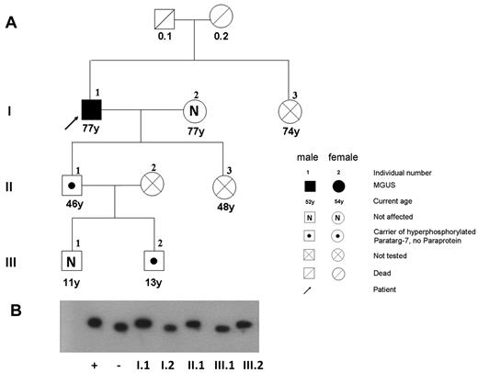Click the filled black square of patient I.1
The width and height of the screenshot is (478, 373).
pyautogui.click(x=91, y=109)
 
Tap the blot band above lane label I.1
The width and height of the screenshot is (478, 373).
pyautogui.click(x=143, y=323)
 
